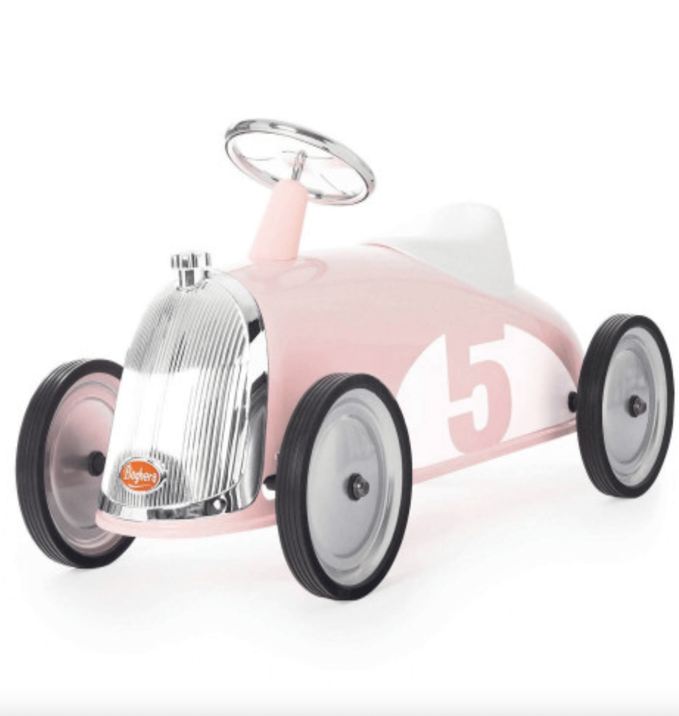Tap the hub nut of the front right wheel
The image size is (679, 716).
[x=357, y=485]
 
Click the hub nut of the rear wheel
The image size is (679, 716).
[x=636, y=406]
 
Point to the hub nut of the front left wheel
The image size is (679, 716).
[x=97, y=464]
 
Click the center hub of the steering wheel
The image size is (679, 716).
[x=299, y=162]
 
